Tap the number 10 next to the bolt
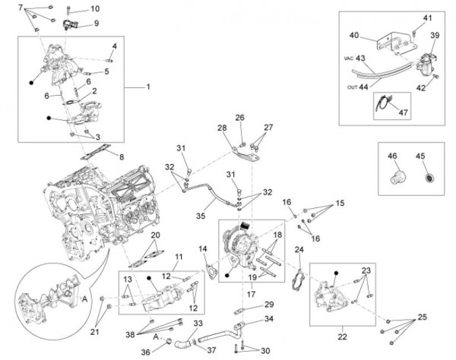(x=95, y=9)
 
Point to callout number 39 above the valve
(x=434, y=36)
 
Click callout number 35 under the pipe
(x=200, y=215)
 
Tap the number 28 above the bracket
(x=223, y=127)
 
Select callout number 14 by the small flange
(x=203, y=249)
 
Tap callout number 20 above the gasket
(x=155, y=236)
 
